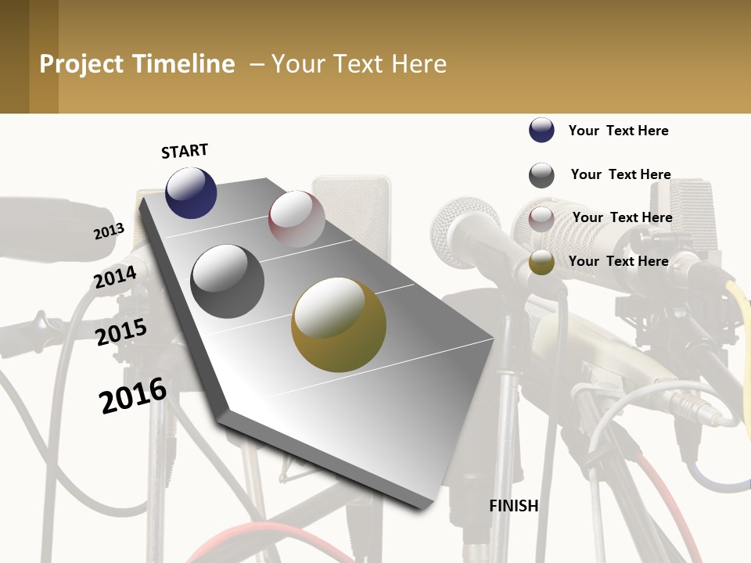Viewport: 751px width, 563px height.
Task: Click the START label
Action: pyautogui.click(x=185, y=151)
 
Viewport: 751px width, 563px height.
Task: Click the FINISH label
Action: pyautogui.click(x=513, y=506)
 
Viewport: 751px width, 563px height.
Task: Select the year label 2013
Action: pyautogui.click(x=109, y=231)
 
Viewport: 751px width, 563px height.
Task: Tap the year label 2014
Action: pyautogui.click(x=115, y=277)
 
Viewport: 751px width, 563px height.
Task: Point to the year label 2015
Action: pyautogui.click(x=121, y=332)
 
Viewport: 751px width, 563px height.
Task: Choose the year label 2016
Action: pyautogui.click(x=133, y=396)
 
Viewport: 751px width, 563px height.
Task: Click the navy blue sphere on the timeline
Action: pyautogui.click(x=191, y=192)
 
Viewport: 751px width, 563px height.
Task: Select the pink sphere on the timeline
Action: pyautogui.click(x=296, y=219)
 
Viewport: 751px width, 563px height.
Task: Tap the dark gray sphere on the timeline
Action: pyautogui.click(x=228, y=281)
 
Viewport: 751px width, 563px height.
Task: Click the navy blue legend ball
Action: pyautogui.click(x=541, y=131)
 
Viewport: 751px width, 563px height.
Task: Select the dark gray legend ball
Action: pyautogui.click(x=541, y=175)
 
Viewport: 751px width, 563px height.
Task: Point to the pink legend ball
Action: pyautogui.click(x=541, y=219)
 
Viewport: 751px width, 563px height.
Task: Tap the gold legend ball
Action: pyautogui.click(x=541, y=263)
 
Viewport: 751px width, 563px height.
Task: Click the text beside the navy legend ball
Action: pyautogui.click(x=618, y=131)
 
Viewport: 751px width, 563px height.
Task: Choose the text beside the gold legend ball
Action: pyautogui.click(x=618, y=261)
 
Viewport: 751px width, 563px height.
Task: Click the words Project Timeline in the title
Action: pyautogui.click(x=137, y=64)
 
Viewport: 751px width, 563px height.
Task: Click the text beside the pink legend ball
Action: pyautogui.click(x=622, y=217)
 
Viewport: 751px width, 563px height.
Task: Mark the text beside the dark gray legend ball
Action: pyautogui.click(x=620, y=174)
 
